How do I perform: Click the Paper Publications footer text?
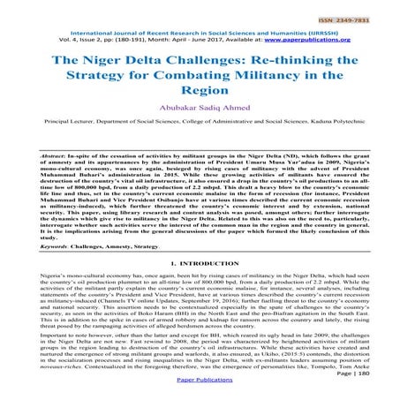pos(200,391)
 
